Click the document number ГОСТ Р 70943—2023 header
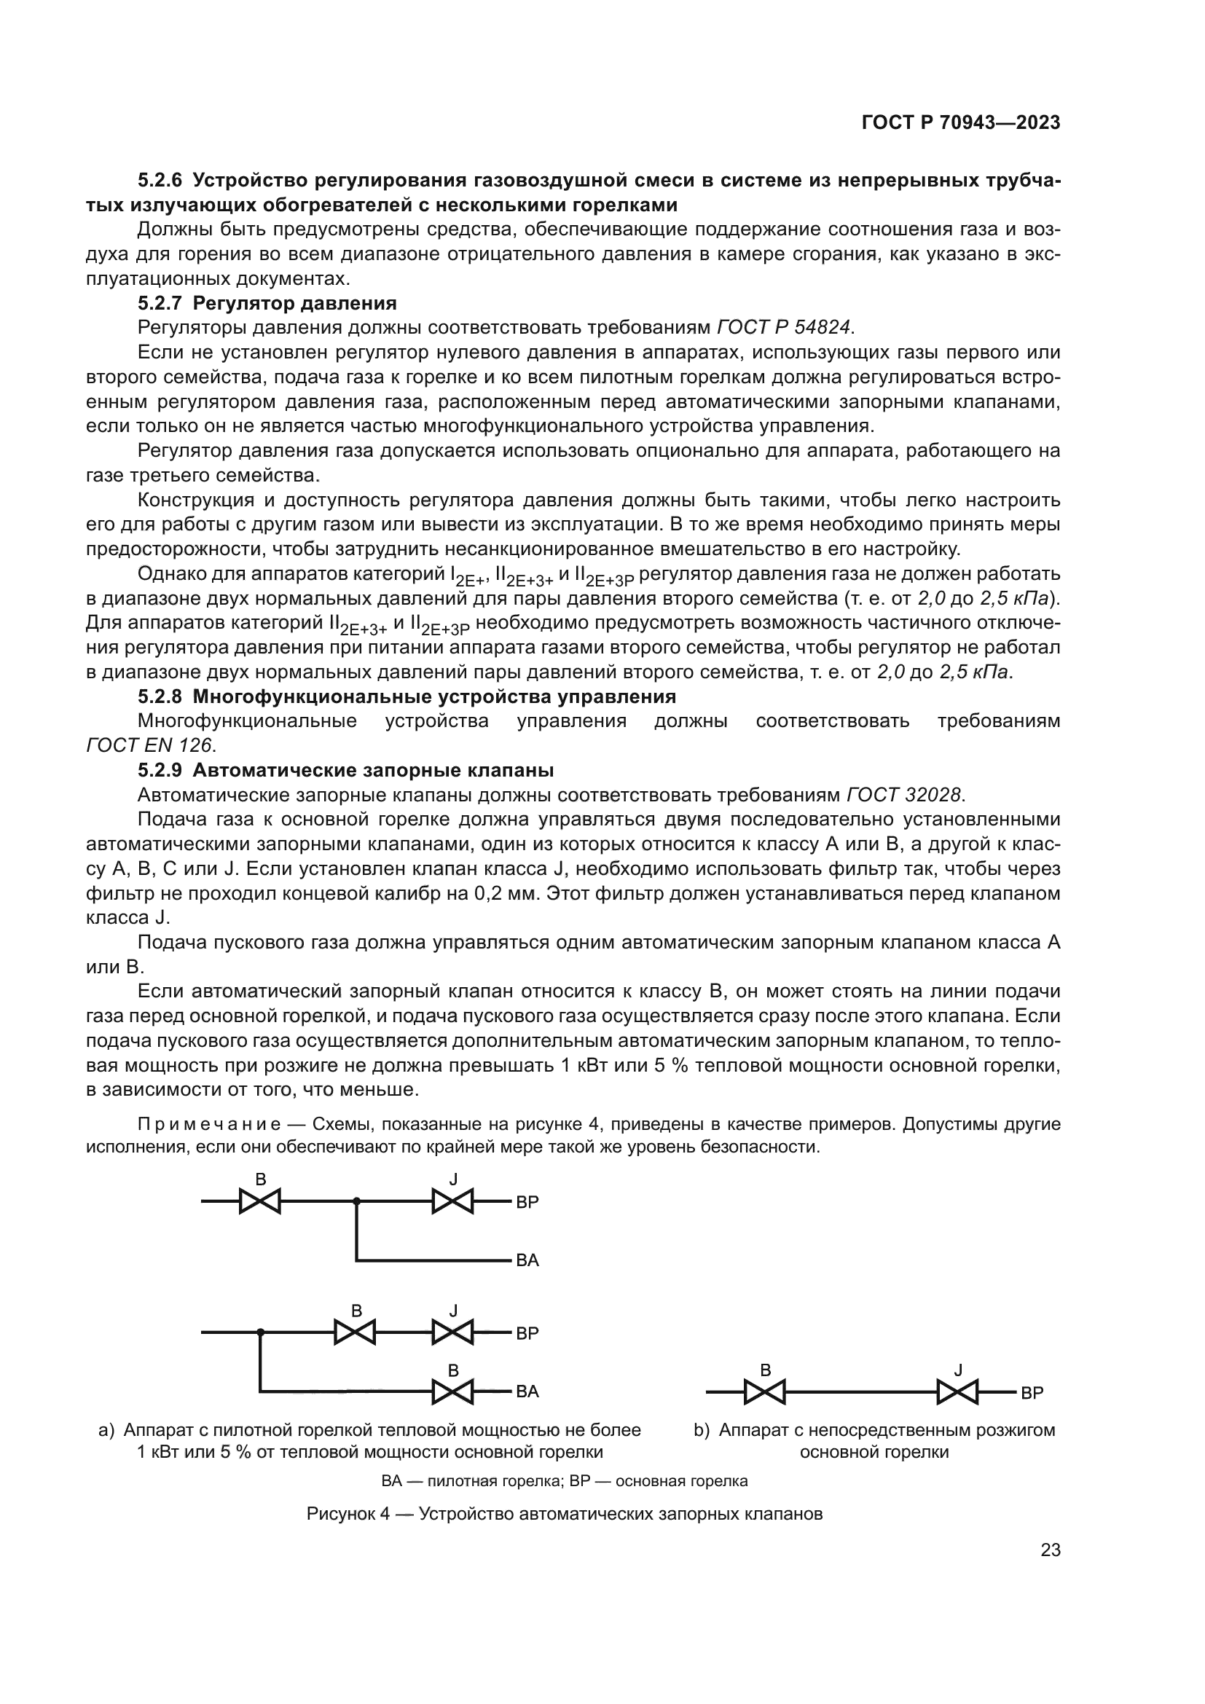pyautogui.click(x=960, y=123)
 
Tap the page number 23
pyautogui.click(x=1050, y=1550)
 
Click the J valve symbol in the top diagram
pyautogui.click(x=452, y=1201)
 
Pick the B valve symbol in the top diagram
pyautogui.click(x=259, y=1201)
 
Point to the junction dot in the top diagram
pyautogui.click(x=356, y=1201)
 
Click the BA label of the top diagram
pyautogui.click(x=527, y=1260)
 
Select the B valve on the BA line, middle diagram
pyautogui.click(x=452, y=1392)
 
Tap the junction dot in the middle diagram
pyautogui.click(x=260, y=1332)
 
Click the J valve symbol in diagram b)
pyautogui.click(x=957, y=1392)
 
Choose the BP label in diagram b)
pyautogui.click(x=1032, y=1394)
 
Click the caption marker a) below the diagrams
pyautogui.click(x=106, y=1430)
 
